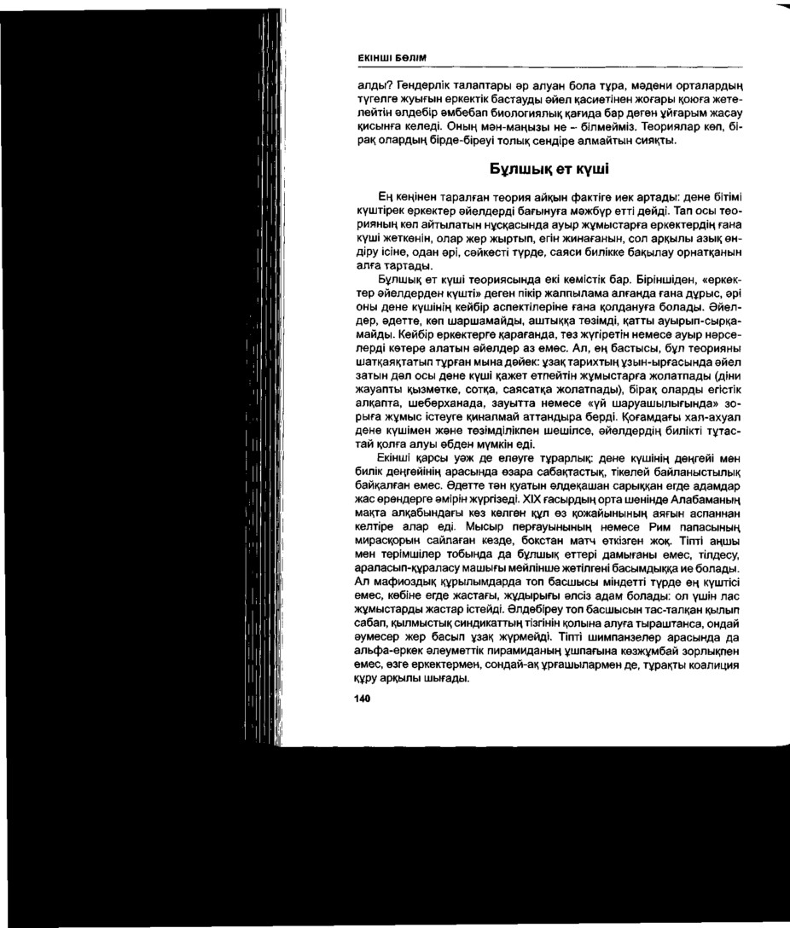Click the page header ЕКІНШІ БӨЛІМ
pos(391,58)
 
